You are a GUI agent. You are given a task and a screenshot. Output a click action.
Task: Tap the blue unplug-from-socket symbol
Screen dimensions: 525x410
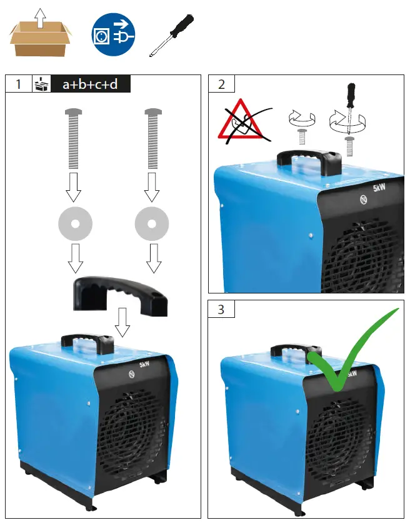point(113,36)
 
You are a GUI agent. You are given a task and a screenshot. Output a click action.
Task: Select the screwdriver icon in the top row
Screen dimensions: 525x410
point(170,36)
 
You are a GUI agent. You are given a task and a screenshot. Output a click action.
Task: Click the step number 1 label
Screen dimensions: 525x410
point(19,84)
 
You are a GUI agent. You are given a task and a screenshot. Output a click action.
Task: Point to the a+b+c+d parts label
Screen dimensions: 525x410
point(90,84)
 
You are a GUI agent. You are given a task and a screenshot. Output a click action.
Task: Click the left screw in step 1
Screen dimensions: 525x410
point(74,138)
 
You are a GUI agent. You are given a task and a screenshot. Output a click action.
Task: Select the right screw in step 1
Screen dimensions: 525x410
point(152,138)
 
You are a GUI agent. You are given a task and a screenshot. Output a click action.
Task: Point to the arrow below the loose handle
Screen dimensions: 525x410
point(122,322)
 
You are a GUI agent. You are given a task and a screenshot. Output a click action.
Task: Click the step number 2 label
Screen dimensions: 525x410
point(221,84)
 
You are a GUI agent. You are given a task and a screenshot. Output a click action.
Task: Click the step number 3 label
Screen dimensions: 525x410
point(221,309)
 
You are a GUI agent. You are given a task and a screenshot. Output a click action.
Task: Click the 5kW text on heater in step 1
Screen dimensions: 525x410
point(144,365)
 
